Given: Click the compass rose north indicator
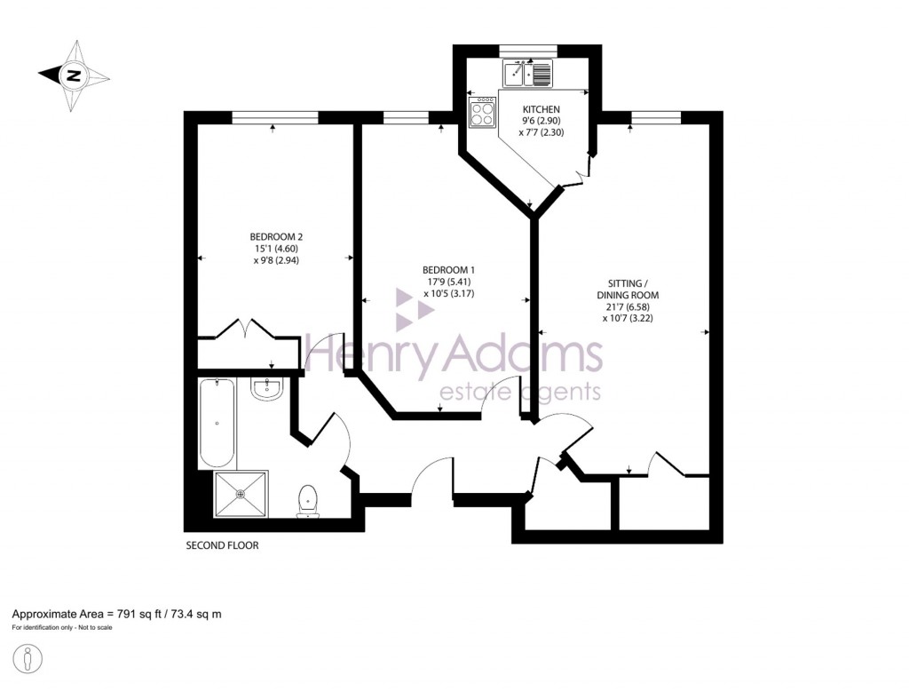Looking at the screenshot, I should coord(75,75).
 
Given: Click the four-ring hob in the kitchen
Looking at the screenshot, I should coord(483,112).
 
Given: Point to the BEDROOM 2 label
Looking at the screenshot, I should coord(276,236).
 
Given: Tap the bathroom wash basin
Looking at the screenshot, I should coord(266,388).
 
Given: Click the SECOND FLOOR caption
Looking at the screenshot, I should coord(222,545).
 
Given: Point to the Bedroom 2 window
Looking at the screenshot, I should coord(274,117).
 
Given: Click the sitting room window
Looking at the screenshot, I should coord(656,117).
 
